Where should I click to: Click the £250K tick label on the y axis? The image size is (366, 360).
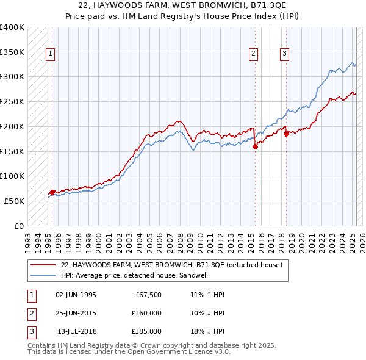tap(12, 101)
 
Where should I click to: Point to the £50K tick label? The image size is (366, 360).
tap(14, 201)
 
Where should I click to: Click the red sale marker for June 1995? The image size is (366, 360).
tap(52, 192)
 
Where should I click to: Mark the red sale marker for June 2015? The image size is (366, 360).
tap(255, 146)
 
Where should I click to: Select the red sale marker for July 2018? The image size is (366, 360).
tap(286, 134)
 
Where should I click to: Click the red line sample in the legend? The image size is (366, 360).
tap(42, 265)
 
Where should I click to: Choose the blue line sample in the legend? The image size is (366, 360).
tap(42, 275)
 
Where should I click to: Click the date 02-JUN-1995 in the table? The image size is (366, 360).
tap(76, 295)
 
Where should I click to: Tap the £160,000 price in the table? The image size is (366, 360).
tap(146, 313)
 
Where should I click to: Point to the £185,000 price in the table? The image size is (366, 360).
tap(146, 331)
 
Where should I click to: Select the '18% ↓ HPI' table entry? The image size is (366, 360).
tap(207, 331)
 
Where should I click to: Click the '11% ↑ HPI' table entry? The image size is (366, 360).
tap(207, 295)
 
